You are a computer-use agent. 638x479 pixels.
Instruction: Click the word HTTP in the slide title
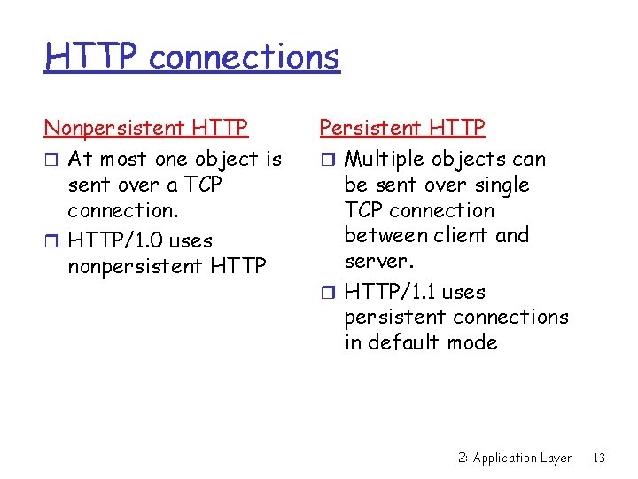coord(92,57)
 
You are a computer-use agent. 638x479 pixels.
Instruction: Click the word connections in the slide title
coord(244,57)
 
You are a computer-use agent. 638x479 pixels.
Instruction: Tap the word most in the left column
coord(122,160)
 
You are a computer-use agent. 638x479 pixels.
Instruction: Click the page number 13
coord(599,458)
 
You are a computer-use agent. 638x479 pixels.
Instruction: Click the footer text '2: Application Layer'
coord(515,458)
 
